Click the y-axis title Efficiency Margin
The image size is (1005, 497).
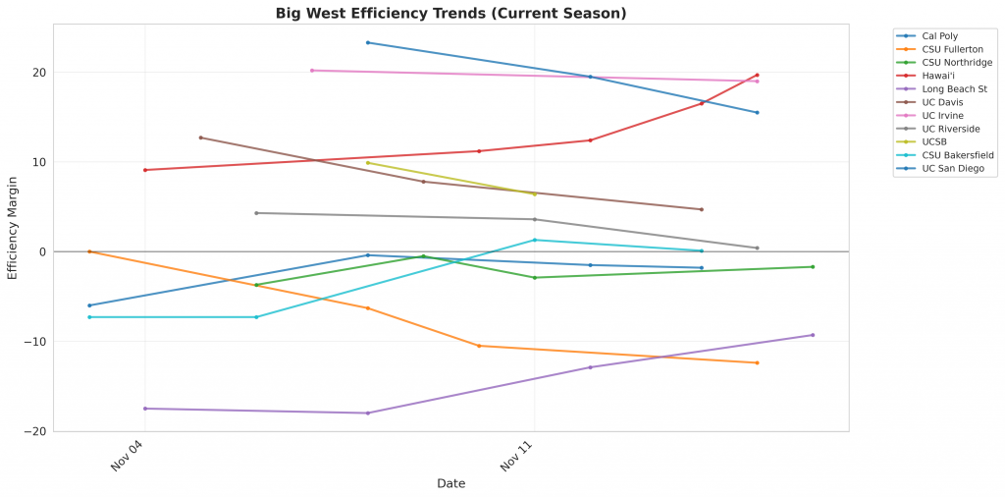13,227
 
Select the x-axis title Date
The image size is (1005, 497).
451,483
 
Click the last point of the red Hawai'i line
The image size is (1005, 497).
757,75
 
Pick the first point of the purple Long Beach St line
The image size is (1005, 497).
145,409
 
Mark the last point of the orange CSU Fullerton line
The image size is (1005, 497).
757,363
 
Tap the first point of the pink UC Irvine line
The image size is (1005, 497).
312,71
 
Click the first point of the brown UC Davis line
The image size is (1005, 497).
200,138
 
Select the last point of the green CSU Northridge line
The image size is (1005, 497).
813,267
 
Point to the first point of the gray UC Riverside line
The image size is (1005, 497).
256,213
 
